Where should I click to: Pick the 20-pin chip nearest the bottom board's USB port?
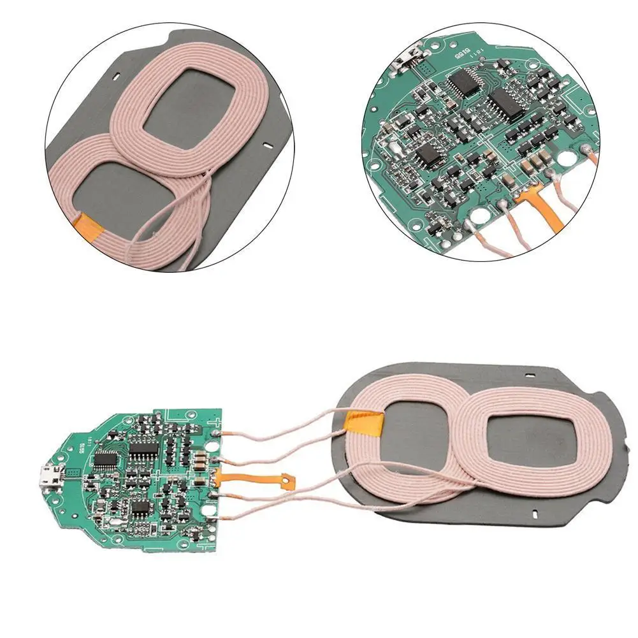(105, 458)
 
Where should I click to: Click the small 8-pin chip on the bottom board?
(140, 508)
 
